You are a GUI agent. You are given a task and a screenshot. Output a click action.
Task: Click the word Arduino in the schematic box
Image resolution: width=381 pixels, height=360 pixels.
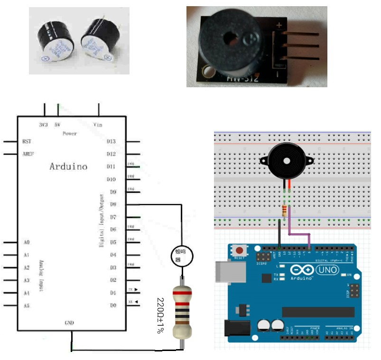click(x=68, y=166)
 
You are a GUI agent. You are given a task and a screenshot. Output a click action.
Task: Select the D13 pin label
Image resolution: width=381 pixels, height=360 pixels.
click(x=111, y=141)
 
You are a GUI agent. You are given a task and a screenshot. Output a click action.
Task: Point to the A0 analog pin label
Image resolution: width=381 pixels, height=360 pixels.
click(x=26, y=242)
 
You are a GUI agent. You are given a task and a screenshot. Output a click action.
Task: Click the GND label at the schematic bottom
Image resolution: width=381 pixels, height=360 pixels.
click(x=69, y=323)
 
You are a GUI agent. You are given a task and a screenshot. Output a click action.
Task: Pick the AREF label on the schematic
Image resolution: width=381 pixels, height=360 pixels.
click(x=28, y=154)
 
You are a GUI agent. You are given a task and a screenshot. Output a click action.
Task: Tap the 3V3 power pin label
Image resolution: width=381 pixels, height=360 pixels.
click(x=43, y=125)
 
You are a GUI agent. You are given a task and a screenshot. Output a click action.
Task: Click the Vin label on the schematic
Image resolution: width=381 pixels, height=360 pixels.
click(x=98, y=125)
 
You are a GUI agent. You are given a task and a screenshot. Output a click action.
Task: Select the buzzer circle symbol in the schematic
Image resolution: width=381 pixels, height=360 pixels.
click(x=181, y=256)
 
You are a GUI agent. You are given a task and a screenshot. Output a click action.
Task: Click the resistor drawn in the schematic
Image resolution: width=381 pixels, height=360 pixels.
click(x=181, y=311)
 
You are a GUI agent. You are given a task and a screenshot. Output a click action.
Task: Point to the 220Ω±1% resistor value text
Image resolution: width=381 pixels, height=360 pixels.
click(x=160, y=315)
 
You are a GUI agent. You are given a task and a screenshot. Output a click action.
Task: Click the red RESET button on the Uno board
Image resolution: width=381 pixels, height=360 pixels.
click(x=240, y=250)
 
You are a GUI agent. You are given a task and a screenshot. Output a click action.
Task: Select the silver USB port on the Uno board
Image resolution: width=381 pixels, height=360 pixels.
click(x=225, y=274)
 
